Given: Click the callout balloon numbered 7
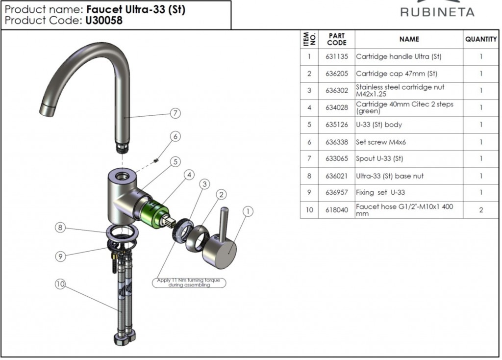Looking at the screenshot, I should point(176,113).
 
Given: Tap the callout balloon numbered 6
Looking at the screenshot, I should point(176,136).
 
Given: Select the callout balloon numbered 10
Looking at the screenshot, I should point(60,284).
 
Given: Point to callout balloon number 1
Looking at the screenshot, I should point(248,211).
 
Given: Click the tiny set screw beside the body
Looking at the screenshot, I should point(155,160).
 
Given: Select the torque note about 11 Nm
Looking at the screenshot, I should point(189,283).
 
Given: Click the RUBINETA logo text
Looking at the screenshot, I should point(437,12).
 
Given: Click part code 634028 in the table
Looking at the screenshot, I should point(337,107).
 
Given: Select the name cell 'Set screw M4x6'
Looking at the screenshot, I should point(381,142).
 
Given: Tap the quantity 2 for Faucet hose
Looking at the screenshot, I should point(481,210).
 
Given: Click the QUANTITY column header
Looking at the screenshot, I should point(481,39).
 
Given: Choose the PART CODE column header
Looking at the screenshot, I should point(337,39).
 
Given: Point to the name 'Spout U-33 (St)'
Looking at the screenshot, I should point(379,158).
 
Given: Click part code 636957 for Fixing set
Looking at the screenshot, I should point(337,192).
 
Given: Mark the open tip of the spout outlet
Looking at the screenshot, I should point(47,110).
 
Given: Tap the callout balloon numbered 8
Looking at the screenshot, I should point(60,228).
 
